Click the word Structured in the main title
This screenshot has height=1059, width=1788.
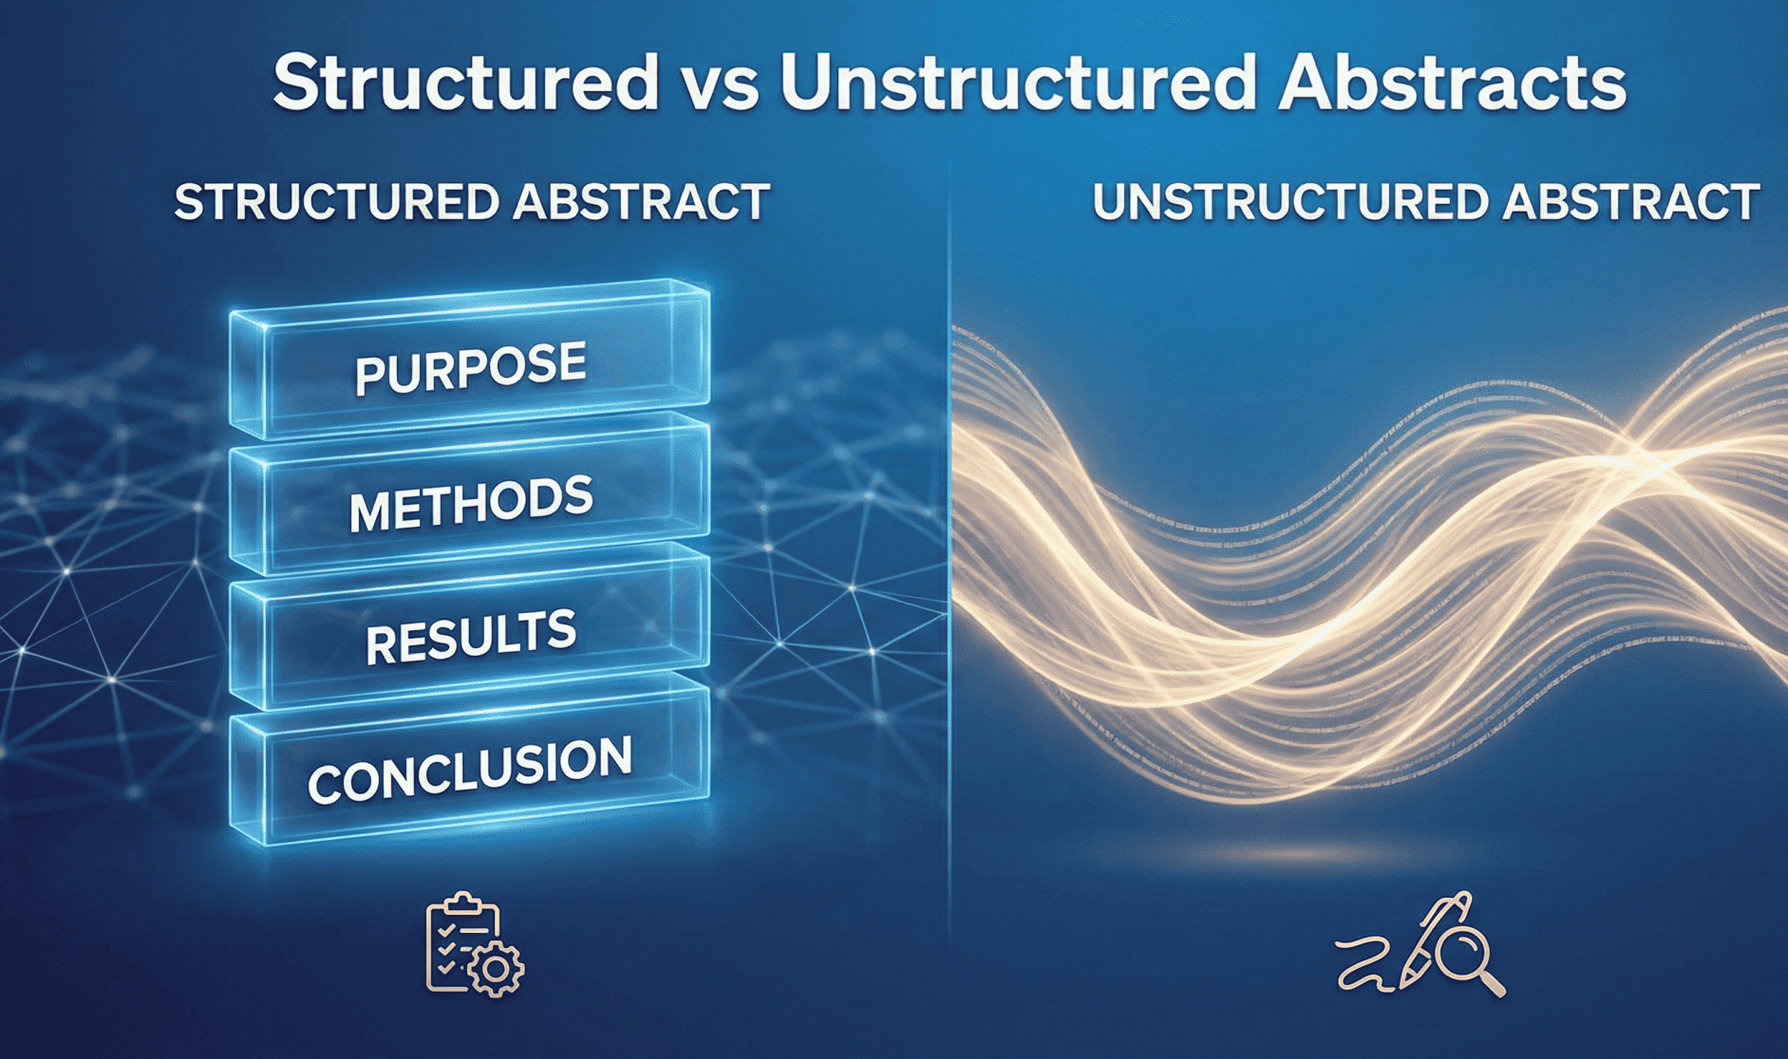coord(465,82)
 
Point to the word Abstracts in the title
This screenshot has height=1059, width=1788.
coord(1452,82)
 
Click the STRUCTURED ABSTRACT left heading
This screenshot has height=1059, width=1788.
coord(472,202)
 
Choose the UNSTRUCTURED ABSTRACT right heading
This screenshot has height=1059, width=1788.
coord(1426,202)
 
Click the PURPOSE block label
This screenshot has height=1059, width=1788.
coord(470,368)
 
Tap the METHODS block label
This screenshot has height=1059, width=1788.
coord(470,504)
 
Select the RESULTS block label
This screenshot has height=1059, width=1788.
coord(471,638)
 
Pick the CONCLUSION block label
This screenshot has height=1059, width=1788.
coord(470,770)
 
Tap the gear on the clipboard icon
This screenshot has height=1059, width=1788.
coord(495,969)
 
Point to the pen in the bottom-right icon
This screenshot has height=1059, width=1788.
coord(1434,939)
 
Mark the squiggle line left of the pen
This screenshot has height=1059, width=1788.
coord(1366,964)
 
